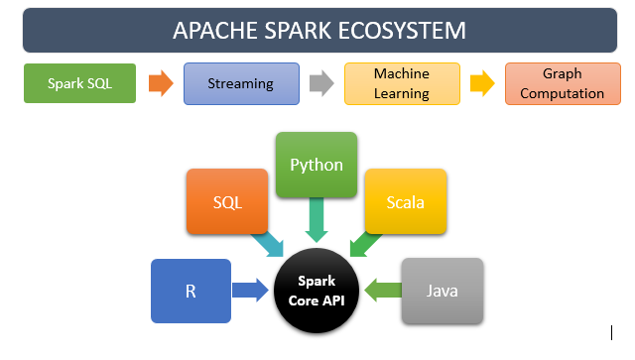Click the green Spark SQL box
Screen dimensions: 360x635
coord(79,83)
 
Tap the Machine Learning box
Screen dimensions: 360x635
coord(401,83)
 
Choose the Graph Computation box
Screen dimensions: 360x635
coord(561,83)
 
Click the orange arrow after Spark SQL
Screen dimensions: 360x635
coord(160,83)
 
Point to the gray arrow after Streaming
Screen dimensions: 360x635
coord(320,83)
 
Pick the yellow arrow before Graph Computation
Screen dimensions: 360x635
coord(481,83)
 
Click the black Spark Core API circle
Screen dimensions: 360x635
coord(317,292)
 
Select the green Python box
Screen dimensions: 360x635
coord(316,165)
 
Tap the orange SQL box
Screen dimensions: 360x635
coord(227,202)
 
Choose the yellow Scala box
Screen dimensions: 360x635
coord(405,202)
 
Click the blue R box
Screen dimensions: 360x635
coord(190,292)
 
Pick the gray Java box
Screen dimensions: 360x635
coord(443,291)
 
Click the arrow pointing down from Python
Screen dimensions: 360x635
coord(317,221)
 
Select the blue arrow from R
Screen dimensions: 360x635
coord(250,291)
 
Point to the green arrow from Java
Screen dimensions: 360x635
coord(383,291)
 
